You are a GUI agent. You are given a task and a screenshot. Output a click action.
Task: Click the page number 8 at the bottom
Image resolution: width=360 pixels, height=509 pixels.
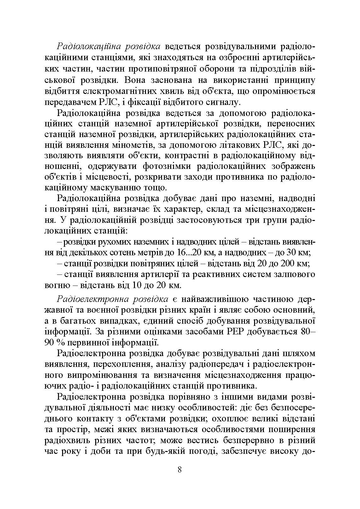pos(180,470)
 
